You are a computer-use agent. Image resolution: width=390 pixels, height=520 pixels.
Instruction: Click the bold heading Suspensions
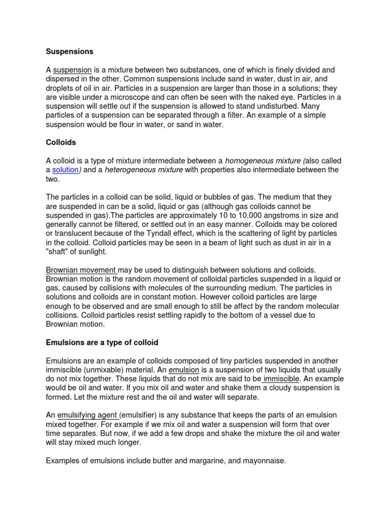(x=70, y=51)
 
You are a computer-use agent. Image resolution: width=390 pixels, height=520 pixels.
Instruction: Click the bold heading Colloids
(x=61, y=143)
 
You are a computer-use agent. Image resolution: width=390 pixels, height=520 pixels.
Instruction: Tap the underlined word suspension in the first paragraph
(x=73, y=70)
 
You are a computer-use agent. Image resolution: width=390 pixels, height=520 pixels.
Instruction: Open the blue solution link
(x=66, y=170)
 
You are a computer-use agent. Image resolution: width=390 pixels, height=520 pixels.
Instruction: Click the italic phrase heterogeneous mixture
(x=144, y=170)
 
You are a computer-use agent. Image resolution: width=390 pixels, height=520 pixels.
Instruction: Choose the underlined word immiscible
(x=282, y=379)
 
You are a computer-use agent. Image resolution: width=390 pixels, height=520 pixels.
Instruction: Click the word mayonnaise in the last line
(x=260, y=461)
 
